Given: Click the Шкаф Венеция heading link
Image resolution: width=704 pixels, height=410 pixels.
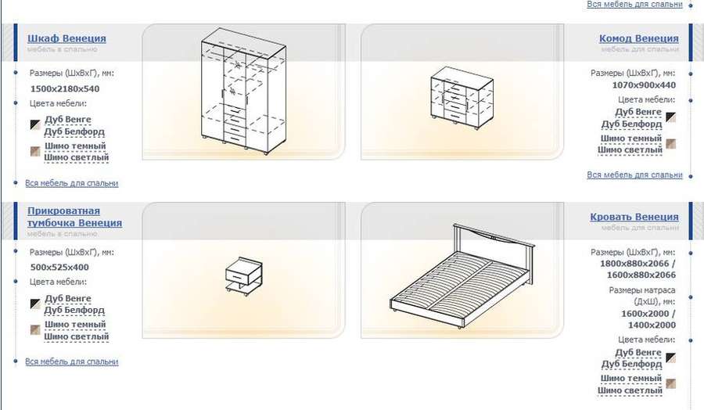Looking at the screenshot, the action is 67,38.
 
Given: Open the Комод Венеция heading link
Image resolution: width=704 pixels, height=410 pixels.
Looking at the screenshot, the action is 639,38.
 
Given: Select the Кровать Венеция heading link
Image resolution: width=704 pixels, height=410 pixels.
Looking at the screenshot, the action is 634,217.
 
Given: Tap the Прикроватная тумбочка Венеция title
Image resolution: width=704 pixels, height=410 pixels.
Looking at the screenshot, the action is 74,217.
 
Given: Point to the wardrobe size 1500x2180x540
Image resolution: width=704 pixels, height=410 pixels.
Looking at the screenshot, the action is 65,89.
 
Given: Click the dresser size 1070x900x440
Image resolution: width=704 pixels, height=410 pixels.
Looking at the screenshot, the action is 644,85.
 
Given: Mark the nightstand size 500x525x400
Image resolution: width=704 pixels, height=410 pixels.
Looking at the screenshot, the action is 59,267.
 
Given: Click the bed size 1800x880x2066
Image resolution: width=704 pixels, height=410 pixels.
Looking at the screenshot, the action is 634,264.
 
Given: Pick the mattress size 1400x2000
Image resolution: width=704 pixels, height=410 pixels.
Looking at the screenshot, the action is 652,325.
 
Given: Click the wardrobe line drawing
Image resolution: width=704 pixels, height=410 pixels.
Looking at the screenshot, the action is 244,92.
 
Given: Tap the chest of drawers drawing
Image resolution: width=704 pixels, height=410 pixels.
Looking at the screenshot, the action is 462,99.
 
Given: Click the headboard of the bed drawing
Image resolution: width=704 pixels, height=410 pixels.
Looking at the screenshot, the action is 494,240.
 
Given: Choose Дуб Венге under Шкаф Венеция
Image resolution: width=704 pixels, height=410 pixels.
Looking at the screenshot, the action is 68,120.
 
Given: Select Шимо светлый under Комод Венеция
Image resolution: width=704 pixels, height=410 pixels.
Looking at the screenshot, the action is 630,150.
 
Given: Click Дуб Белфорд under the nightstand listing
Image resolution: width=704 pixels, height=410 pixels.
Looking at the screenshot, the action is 74,311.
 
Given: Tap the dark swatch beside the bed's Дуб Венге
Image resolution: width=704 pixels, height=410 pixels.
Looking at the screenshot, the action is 671,358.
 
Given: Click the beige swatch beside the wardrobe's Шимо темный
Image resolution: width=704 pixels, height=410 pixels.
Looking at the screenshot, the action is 35,151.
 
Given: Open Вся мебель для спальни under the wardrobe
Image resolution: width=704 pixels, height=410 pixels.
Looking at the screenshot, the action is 72,183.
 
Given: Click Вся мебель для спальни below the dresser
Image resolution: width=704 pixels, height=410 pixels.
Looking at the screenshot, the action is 634,175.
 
